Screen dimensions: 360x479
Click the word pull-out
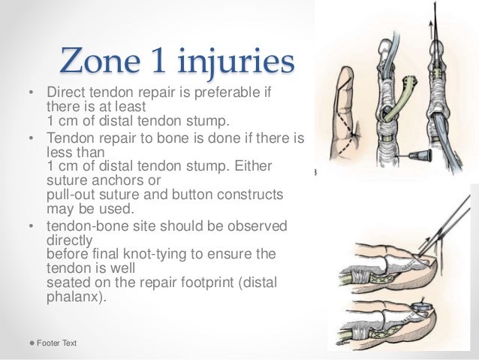pos(72,195)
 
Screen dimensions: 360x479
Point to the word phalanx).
pos(76,296)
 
